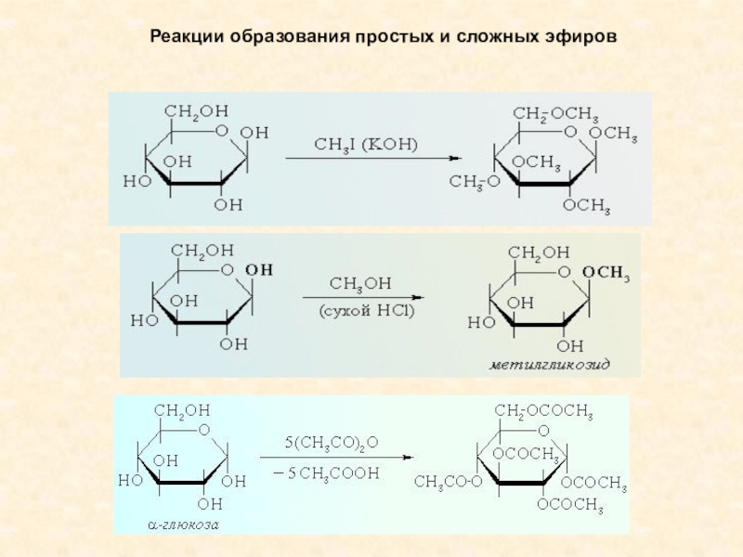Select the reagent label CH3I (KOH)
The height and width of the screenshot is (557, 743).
click(366, 144)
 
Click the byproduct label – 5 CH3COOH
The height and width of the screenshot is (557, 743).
click(332, 473)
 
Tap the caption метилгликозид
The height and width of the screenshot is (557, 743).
click(550, 366)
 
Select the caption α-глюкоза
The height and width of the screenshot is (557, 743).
click(184, 525)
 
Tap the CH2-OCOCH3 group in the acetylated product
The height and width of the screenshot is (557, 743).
click(543, 409)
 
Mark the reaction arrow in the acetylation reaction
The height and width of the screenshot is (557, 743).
click(335, 456)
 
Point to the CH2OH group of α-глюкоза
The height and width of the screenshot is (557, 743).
click(182, 409)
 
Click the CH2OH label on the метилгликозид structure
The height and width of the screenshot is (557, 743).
click(540, 252)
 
